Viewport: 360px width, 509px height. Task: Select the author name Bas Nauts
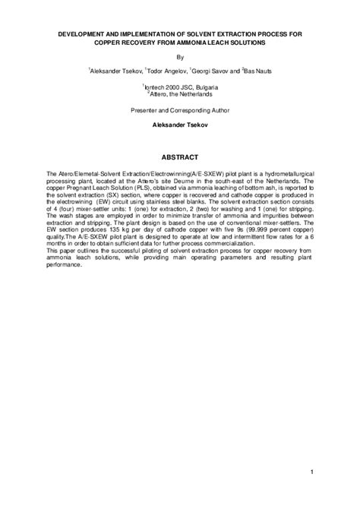click(258, 70)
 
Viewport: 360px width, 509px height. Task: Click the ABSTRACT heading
click(179, 157)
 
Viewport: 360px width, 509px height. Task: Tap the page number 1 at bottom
click(312, 473)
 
